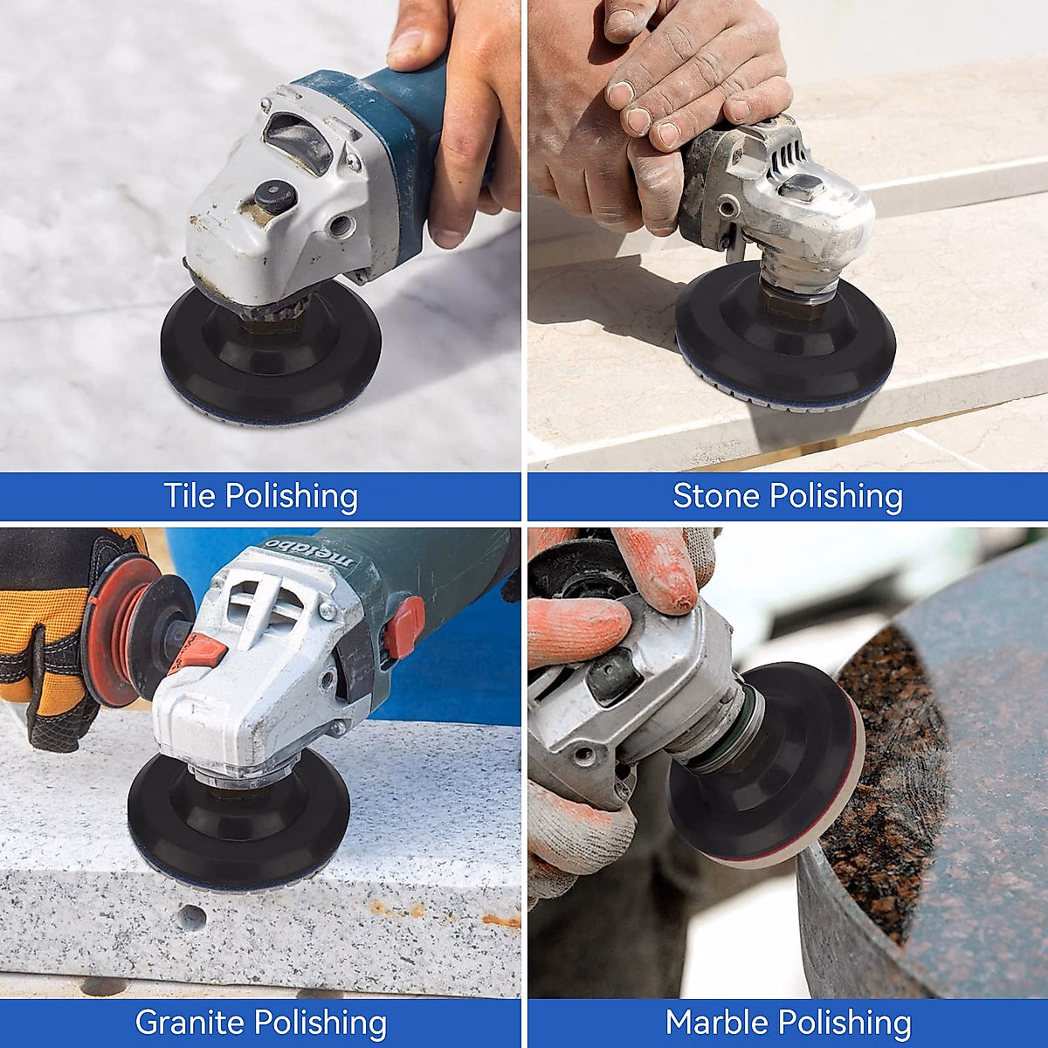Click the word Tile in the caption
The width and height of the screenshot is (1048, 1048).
pyautogui.click(x=190, y=496)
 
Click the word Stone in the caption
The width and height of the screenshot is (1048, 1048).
pyautogui.click(x=715, y=496)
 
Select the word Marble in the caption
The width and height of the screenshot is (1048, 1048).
pyautogui.click(x=717, y=1022)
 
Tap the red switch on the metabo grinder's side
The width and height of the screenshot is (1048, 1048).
pyautogui.click(x=405, y=624)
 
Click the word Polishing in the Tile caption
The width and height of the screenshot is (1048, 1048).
pyautogui.click(x=291, y=496)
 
